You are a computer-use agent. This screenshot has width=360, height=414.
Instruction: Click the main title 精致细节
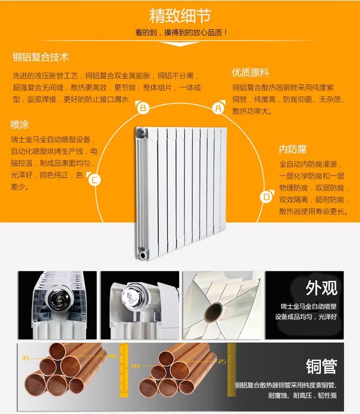(x=180, y=16)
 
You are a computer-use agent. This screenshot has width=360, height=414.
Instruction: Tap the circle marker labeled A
(x=219, y=108)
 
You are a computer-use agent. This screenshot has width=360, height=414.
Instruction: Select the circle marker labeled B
(x=143, y=107)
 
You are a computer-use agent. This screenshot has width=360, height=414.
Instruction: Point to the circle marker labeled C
(x=95, y=180)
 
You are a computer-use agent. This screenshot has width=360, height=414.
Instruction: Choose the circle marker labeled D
(x=266, y=196)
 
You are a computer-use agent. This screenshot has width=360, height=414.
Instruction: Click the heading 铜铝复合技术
(x=41, y=57)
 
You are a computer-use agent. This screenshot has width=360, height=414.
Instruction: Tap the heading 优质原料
(x=250, y=73)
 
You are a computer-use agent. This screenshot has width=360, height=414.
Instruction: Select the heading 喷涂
(x=20, y=124)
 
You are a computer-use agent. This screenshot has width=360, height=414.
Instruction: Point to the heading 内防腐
(x=293, y=150)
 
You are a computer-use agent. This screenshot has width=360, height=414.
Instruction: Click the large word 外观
(x=321, y=288)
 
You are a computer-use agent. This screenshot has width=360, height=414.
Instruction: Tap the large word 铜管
(x=321, y=367)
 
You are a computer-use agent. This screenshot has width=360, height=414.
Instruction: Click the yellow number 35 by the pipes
(x=25, y=358)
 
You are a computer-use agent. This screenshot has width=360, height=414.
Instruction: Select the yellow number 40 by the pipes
(x=113, y=356)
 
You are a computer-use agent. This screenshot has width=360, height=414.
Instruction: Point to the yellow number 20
(x=135, y=366)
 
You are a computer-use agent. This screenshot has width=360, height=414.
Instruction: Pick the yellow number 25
(x=222, y=362)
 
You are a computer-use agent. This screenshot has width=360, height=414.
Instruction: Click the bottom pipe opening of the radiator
(x=143, y=255)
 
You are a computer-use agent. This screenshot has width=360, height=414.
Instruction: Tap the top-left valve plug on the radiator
(x=140, y=132)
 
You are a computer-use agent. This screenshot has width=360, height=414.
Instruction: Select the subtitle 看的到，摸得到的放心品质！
(x=181, y=33)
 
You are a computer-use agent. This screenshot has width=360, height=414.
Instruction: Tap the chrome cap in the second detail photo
(x=133, y=297)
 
